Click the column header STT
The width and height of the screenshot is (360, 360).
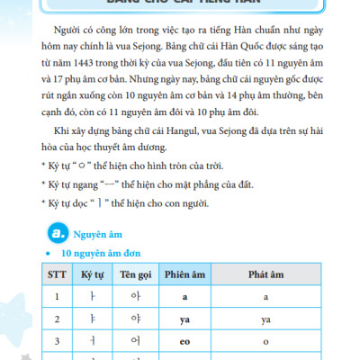point(58,272)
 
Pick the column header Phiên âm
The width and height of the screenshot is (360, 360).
point(183,272)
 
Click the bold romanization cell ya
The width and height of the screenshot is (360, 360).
point(183,319)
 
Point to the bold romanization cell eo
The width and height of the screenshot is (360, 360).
point(183,343)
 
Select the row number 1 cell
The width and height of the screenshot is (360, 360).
point(58,295)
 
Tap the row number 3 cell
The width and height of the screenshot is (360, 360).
point(58,343)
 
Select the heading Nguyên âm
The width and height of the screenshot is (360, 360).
point(98,235)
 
